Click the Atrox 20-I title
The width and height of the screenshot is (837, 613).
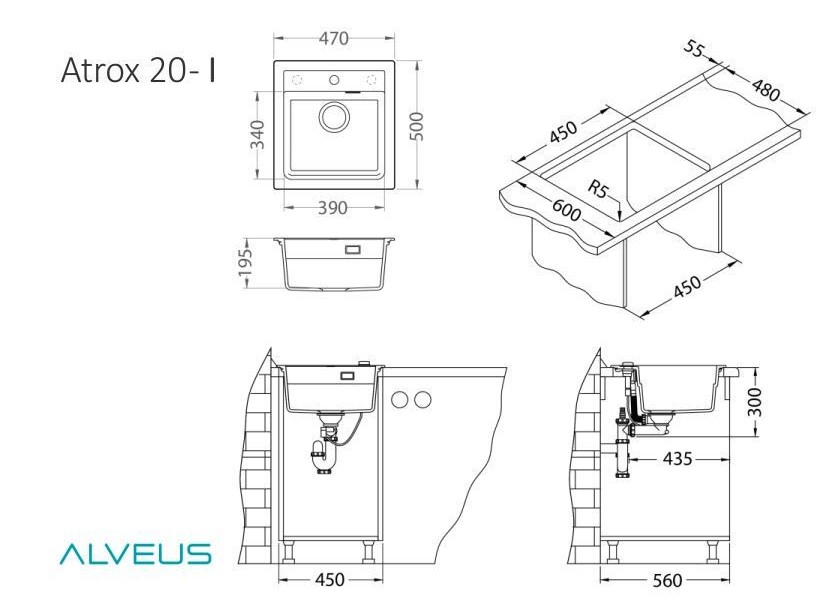pos(138,70)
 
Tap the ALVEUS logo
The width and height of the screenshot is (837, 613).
pos(136,554)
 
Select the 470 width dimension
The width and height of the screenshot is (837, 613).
pos(334,38)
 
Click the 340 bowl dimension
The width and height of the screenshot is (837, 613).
pos(258,135)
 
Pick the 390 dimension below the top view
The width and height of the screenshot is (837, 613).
pos(333,208)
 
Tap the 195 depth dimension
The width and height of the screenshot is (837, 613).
pos(246,263)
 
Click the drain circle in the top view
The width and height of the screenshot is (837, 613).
pos(334,116)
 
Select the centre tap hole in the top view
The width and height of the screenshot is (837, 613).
pos(334,81)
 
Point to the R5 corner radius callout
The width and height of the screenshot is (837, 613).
pos(598,188)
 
